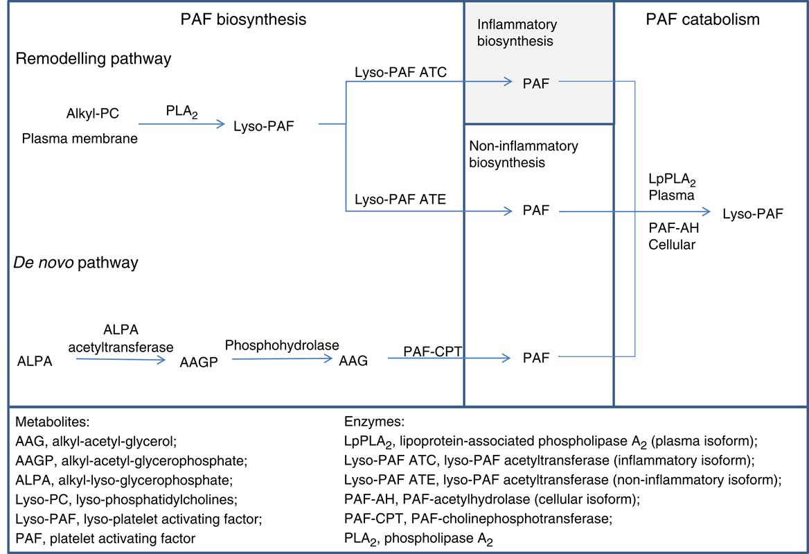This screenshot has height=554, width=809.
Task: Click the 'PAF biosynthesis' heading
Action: tap(242, 19)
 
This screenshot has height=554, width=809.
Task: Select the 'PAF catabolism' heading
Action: tap(702, 19)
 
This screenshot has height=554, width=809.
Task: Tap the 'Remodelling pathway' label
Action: tap(94, 59)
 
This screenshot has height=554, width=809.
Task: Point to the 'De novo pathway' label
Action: tap(77, 263)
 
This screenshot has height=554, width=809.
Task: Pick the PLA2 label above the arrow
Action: tap(181, 111)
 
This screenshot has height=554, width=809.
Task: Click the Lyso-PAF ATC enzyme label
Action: tap(400, 71)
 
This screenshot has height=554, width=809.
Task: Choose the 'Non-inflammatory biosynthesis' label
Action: tap(524, 154)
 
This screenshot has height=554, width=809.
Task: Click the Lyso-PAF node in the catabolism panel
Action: tap(753, 214)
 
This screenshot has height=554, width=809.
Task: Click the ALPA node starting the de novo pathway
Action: tap(35, 361)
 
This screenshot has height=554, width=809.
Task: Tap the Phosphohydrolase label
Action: tap(282, 345)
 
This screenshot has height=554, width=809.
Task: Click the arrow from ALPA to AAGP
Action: tap(121, 360)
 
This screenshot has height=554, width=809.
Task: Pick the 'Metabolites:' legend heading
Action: tap(48, 421)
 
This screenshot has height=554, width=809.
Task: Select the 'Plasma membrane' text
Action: tap(80, 139)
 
